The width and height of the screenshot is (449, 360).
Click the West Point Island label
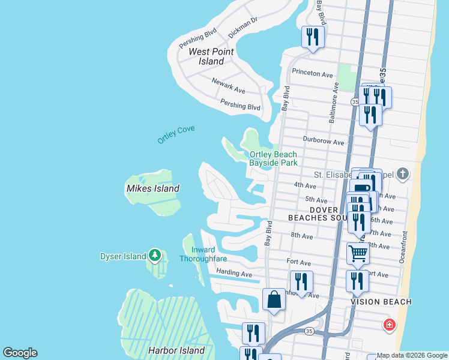tap(211, 56)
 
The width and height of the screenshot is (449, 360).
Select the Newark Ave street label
tap(228, 85)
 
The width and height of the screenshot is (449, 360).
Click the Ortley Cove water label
tap(176, 134)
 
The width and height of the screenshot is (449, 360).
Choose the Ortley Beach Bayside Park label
tap(273, 158)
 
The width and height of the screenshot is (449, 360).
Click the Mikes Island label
tap(152, 188)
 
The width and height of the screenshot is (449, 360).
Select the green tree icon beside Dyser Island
tap(155, 256)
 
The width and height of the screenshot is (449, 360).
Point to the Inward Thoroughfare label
tap(202, 254)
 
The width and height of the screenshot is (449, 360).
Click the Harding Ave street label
tap(234, 274)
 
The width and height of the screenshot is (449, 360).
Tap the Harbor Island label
tap(176, 350)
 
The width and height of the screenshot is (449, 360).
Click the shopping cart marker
tap(358, 253)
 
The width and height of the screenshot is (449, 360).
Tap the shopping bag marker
tap(274, 299)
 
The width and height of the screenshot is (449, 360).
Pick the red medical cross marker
tap(390, 325)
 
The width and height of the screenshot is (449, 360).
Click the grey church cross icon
tap(402, 175)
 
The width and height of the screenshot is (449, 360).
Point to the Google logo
tap(20, 353)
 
